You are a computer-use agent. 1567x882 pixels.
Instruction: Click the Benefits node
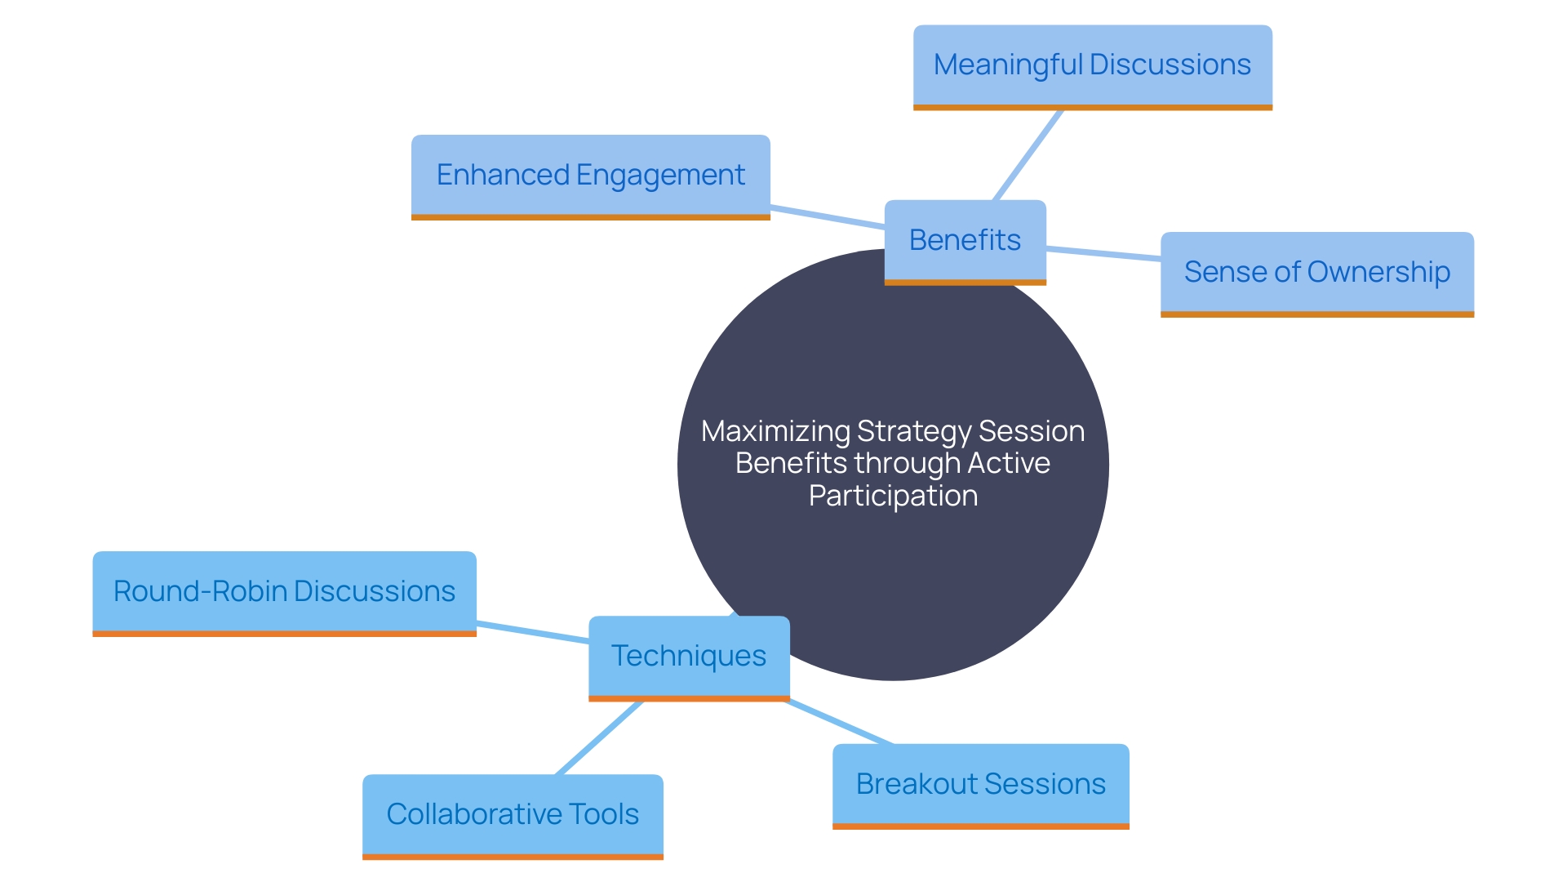coord(965,243)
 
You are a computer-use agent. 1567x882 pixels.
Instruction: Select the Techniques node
coord(689,658)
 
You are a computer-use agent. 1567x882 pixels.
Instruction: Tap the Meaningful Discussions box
coord(1092,68)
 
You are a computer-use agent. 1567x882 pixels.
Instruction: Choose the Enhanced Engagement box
coord(590,177)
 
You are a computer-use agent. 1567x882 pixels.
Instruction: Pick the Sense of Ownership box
coord(1317,274)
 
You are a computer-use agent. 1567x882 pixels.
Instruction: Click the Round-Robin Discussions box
coord(284,594)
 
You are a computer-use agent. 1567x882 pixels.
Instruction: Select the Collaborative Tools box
coord(513,817)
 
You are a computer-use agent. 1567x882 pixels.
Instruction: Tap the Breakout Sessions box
coord(981,786)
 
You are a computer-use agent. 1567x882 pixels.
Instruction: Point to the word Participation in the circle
coord(893,496)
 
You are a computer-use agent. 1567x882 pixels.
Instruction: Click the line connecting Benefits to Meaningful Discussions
coord(1028,155)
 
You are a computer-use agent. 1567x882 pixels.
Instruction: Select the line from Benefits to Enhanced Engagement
coord(828,217)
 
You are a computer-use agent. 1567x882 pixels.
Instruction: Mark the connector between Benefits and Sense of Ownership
coord(1103,253)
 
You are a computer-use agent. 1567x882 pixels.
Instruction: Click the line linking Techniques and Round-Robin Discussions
coord(532,632)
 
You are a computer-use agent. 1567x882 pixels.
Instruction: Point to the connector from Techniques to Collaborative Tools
coord(599,737)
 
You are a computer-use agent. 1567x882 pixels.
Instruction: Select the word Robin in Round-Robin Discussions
coord(249,591)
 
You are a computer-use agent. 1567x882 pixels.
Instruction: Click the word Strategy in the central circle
coord(914,432)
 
